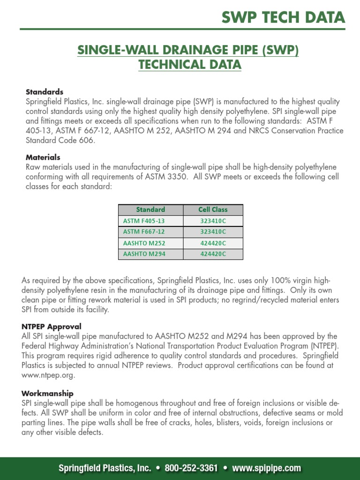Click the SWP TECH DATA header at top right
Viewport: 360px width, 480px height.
coord(283,17)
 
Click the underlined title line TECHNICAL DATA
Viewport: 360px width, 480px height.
coord(190,65)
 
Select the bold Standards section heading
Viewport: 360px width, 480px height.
coord(45,92)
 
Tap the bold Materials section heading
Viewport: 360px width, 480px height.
coord(43,157)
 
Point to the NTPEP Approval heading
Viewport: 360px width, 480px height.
coord(52,326)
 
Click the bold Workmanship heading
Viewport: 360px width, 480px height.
coord(47,394)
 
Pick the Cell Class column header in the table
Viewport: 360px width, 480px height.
coord(213,210)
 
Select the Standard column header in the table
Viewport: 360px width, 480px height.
coord(150,210)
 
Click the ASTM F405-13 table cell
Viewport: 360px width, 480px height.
coord(144,220)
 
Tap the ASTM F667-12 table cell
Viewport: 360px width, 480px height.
coord(144,232)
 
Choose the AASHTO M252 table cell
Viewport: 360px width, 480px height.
coord(144,243)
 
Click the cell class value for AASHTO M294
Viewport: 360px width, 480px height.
coord(213,254)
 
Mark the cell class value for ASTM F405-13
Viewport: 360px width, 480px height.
coord(213,220)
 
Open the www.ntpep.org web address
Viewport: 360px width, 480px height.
coord(48,375)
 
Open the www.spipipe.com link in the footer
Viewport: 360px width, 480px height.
coord(266,468)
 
